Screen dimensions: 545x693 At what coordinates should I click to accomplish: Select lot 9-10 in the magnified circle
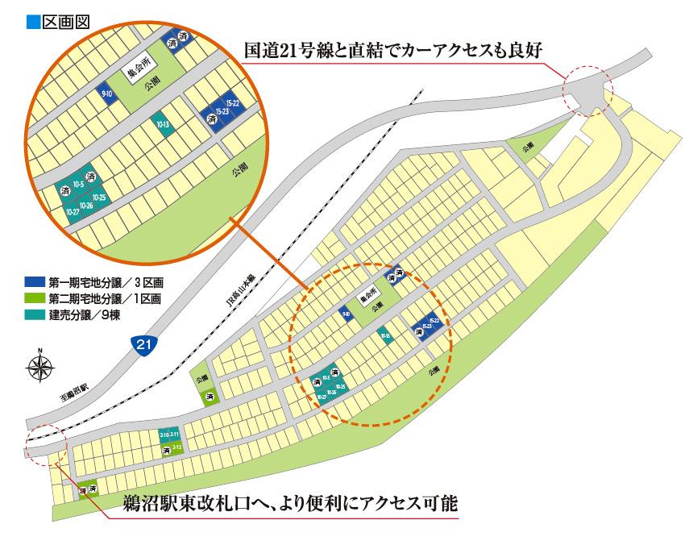click(106, 94)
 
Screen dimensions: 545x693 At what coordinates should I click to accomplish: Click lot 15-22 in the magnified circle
click(233, 103)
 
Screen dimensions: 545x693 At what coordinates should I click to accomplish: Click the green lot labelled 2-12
click(177, 446)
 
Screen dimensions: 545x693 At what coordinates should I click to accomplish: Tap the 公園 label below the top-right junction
click(528, 148)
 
